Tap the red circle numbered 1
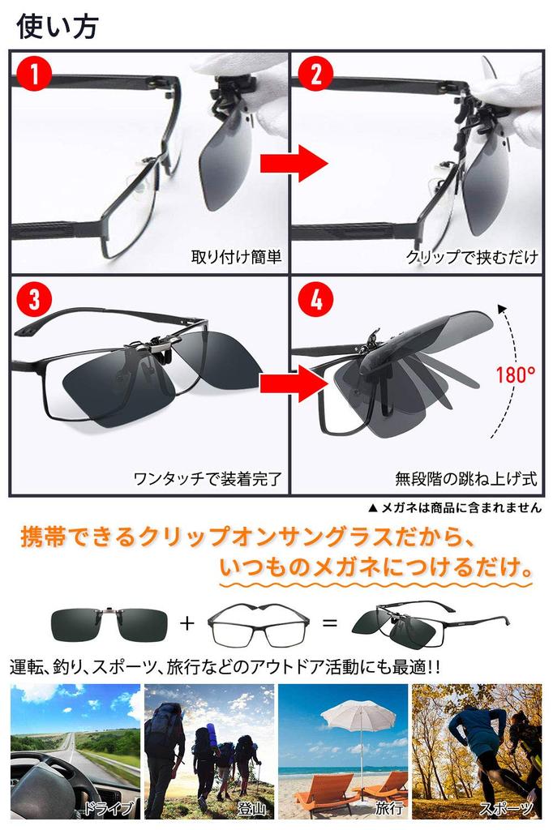36,76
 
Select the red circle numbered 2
316,76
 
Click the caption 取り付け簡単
236,258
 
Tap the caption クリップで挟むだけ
471,258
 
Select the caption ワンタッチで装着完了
207,478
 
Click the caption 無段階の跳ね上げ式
466,478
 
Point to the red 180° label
515,374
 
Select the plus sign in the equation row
187,623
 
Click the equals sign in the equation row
330,623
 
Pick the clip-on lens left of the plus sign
109,624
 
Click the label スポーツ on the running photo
506,807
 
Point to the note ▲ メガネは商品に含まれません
454,508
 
